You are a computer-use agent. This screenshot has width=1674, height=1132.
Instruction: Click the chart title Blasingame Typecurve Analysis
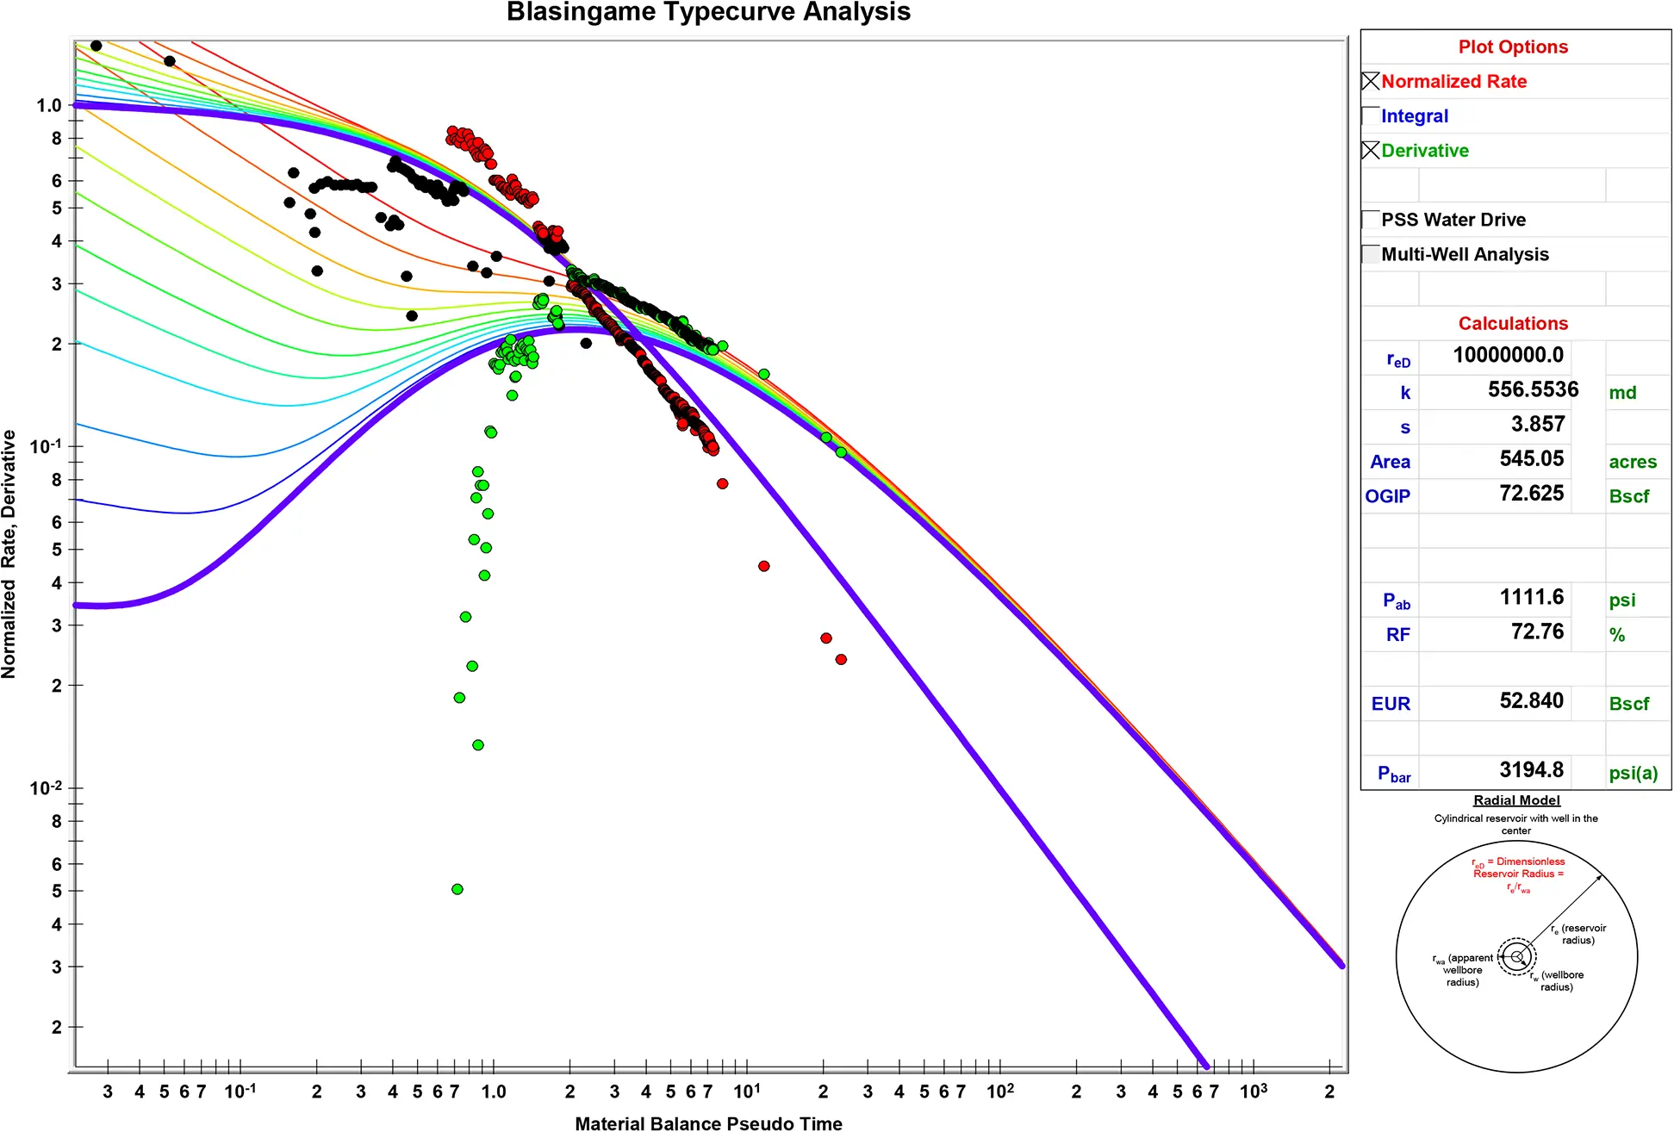point(708,12)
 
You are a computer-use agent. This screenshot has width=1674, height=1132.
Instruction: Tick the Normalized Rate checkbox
point(1371,81)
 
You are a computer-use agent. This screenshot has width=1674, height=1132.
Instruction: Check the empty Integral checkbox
point(1371,115)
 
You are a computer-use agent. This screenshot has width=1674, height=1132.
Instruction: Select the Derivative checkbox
point(1371,150)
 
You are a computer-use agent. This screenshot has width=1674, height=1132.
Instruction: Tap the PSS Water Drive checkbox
point(1371,219)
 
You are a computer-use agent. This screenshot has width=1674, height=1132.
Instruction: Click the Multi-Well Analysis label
point(1465,254)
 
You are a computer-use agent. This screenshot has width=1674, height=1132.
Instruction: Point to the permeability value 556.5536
point(1533,389)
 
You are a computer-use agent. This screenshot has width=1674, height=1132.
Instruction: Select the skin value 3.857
point(1537,424)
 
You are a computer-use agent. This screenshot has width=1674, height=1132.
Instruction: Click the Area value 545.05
point(1531,458)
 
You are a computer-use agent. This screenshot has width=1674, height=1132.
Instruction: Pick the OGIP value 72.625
point(1531,493)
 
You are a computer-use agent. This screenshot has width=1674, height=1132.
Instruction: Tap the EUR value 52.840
point(1531,700)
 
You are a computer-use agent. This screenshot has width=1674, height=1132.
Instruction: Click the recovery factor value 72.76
point(1537,631)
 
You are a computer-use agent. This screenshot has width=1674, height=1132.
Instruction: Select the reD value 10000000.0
point(1508,355)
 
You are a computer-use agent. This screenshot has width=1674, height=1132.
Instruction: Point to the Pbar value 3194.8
point(1531,769)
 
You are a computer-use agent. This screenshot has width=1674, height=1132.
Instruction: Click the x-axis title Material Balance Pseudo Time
point(708,1123)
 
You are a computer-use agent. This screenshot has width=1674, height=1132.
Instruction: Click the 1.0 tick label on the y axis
point(49,105)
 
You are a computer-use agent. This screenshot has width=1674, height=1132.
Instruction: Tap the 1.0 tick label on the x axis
point(494,1092)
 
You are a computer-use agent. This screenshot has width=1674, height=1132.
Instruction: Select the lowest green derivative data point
point(457,889)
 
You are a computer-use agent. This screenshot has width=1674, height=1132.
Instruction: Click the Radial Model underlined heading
point(1516,800)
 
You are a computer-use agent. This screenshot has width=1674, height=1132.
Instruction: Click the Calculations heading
point(1513,323)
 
